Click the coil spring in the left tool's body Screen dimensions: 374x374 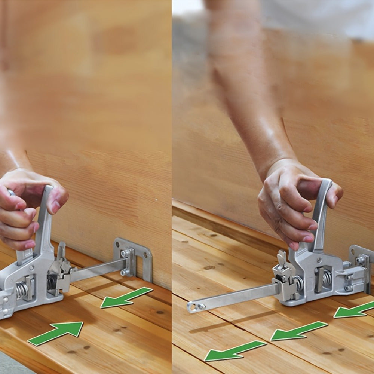click(22, 290)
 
